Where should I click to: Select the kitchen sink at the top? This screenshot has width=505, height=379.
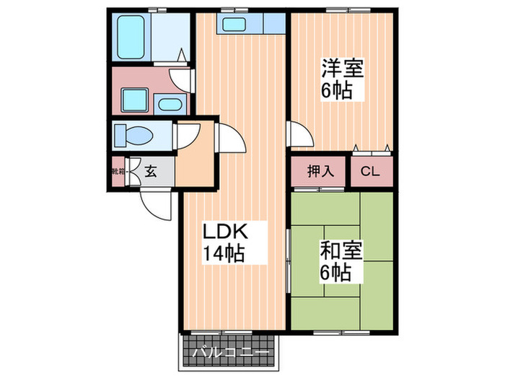point(235,24)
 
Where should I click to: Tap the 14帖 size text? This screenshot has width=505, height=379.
point(224,254)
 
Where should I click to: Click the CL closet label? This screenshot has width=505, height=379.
point(371,172)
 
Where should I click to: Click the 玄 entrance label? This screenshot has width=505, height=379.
point(151,172)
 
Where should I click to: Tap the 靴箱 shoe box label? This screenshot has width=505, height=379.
point(118,172)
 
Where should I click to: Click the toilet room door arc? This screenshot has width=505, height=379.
point(185,135)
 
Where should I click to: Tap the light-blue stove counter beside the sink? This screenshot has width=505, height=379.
point(273,23)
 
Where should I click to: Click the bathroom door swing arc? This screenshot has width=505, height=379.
point(180,77)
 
